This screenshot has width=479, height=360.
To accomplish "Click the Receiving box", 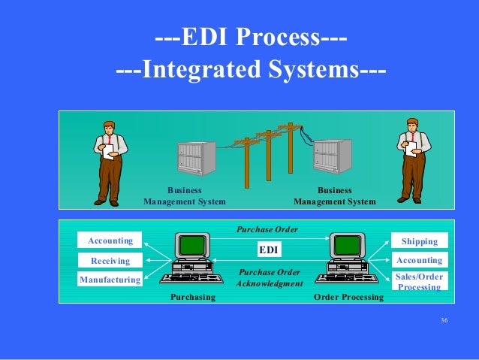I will tap(110, 261).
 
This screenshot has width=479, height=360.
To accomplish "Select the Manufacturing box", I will tap(110, 280).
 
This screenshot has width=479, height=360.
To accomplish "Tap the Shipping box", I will tap(420, 241).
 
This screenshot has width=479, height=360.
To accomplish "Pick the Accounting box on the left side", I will tap(110, 241).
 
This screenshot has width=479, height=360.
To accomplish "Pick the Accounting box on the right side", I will tap(420, 261).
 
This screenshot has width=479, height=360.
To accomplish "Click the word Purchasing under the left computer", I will tap(193, 298).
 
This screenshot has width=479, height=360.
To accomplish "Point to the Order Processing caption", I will tap(348, 298).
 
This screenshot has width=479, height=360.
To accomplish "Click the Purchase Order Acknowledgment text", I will tap(269, 277).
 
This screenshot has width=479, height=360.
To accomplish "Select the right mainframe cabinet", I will tap(332, 158).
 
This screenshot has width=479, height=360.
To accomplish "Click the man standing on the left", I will tap(110, 162).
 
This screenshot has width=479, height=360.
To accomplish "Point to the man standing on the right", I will tap(412, 160).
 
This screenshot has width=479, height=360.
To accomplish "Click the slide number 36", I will tap(444, 322).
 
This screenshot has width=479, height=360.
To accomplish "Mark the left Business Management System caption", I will tap(184, 196).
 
